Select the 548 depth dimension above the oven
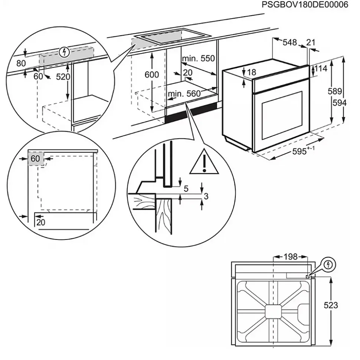[x=289, y=42]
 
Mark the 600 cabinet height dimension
[x=151, y=75]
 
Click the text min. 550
[x=198, y=58]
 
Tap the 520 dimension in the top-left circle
[x=63, y=76]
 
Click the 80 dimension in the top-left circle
[x=21, y=63]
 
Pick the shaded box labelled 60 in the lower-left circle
[x=36, y=159]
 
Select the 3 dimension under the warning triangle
[x=206, y=196]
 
